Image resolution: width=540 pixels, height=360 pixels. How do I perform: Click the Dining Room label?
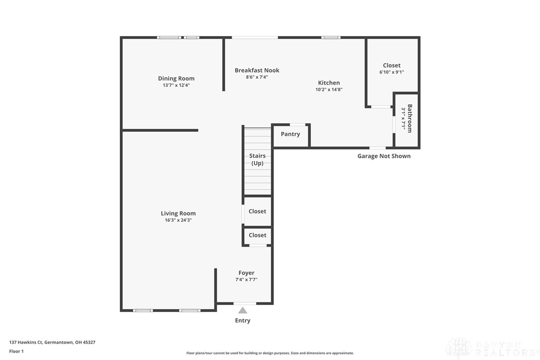coord(176,79)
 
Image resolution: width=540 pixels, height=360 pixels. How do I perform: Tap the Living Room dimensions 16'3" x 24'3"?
coord(178,220)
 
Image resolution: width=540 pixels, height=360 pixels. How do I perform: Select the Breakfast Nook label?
coord(257,70)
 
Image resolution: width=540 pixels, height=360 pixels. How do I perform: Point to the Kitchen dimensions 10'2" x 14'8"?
coord(329,90)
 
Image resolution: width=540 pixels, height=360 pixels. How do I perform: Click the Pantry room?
coord(290,136)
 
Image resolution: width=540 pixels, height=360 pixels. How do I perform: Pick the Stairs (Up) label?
coord(257,160)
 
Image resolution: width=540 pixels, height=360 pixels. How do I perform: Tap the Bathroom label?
coord(410,118)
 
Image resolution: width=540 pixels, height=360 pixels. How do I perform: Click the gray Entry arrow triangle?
coord(243,310)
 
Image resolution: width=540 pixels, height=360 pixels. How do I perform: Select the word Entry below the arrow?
coord(243,320)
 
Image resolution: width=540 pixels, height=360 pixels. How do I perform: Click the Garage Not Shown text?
coord(384,156)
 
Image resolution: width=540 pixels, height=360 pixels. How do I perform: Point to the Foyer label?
coord(247,273)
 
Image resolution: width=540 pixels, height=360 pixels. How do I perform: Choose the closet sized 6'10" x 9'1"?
coord(392,72)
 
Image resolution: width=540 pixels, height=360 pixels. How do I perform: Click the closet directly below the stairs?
coord(258,211)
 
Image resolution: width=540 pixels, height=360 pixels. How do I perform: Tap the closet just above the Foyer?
coord(258,236)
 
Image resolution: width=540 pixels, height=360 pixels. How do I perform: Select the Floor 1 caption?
coord(16,352)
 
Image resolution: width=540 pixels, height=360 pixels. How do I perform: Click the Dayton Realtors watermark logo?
coord(492,348)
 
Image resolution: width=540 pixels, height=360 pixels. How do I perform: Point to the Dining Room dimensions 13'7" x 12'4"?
coord(176,86)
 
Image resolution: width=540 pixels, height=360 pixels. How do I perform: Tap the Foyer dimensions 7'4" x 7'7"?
coord(247,280)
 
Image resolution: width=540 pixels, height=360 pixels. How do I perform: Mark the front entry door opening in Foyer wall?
coord(245,303)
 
